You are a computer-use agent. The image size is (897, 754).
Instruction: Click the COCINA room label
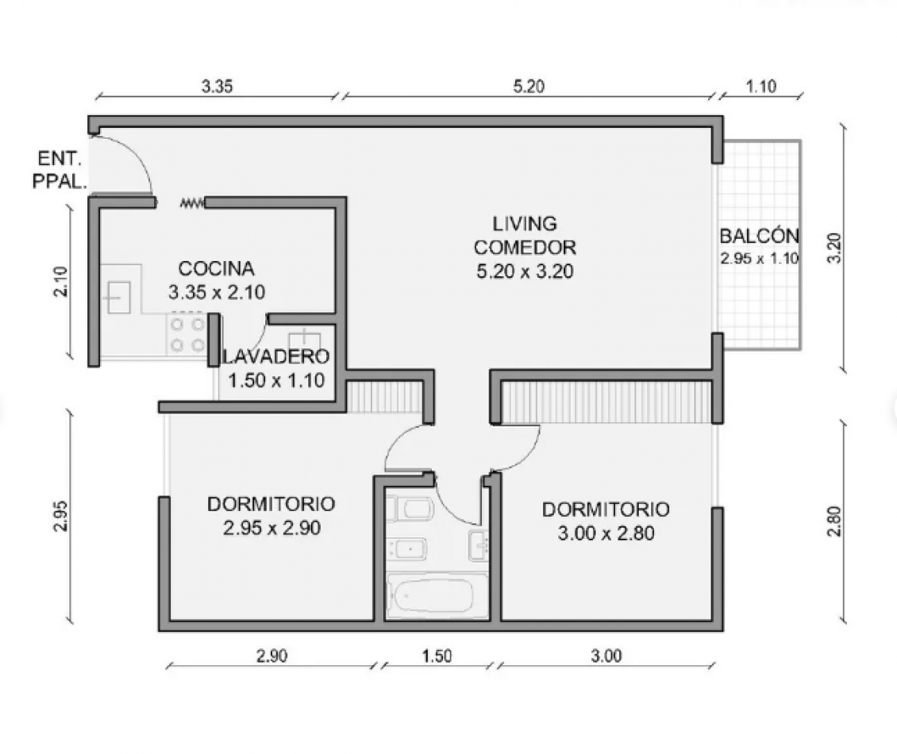tap(216, 268)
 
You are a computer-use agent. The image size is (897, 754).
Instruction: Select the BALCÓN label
tap(759, 236)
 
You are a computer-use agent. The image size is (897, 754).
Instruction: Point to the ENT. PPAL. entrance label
tap(59, 171)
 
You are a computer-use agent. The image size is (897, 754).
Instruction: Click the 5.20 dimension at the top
tap(529, 88)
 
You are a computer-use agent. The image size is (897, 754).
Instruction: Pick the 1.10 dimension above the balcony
tap(760, 88)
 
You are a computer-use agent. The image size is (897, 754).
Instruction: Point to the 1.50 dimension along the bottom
tap(437, 656)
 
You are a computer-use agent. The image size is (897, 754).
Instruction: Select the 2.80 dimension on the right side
tap(833, 521)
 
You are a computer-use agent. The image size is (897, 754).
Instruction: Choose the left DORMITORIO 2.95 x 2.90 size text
tap(271, 528)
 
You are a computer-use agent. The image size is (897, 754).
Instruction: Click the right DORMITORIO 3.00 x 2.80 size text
tap(606, 533)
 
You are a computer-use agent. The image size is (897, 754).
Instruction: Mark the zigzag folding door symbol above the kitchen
tap(192, 204)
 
